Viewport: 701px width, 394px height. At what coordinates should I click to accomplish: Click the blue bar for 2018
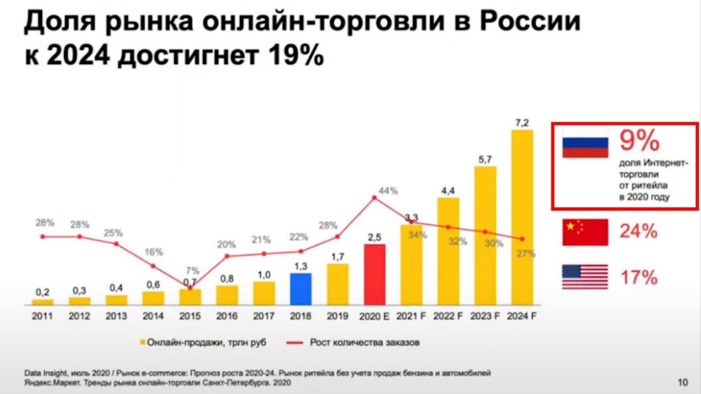(x=300, y=288)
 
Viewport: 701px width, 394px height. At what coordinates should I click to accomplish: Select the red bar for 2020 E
(x=374, y=274)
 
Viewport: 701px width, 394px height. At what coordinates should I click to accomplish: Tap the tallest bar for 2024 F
(x=522, y=217)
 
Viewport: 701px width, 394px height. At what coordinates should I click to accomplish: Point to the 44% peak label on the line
(x=388, y=191)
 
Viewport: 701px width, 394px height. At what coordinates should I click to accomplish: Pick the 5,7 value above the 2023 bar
(x=485, y=159)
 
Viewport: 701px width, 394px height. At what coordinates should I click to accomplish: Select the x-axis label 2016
(x=227, y=317)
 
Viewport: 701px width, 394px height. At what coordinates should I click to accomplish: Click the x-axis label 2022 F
(x=448, y=317)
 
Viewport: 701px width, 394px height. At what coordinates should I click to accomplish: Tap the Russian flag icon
(x=585, y=143)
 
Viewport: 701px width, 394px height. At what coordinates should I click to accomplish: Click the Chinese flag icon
(x=585, y=232)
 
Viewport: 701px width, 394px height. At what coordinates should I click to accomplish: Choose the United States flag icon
(x=585, y=277)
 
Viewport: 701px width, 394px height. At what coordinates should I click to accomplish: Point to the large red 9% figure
(x=640, y=141)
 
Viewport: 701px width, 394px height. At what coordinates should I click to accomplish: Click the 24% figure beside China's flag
(x=638, y=231)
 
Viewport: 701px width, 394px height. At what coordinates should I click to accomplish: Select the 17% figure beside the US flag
(x=638, y=277)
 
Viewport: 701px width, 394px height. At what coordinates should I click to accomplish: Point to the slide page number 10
(x=683, y=382)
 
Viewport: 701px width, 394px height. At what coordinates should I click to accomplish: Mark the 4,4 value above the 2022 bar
(x=448, y=191)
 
